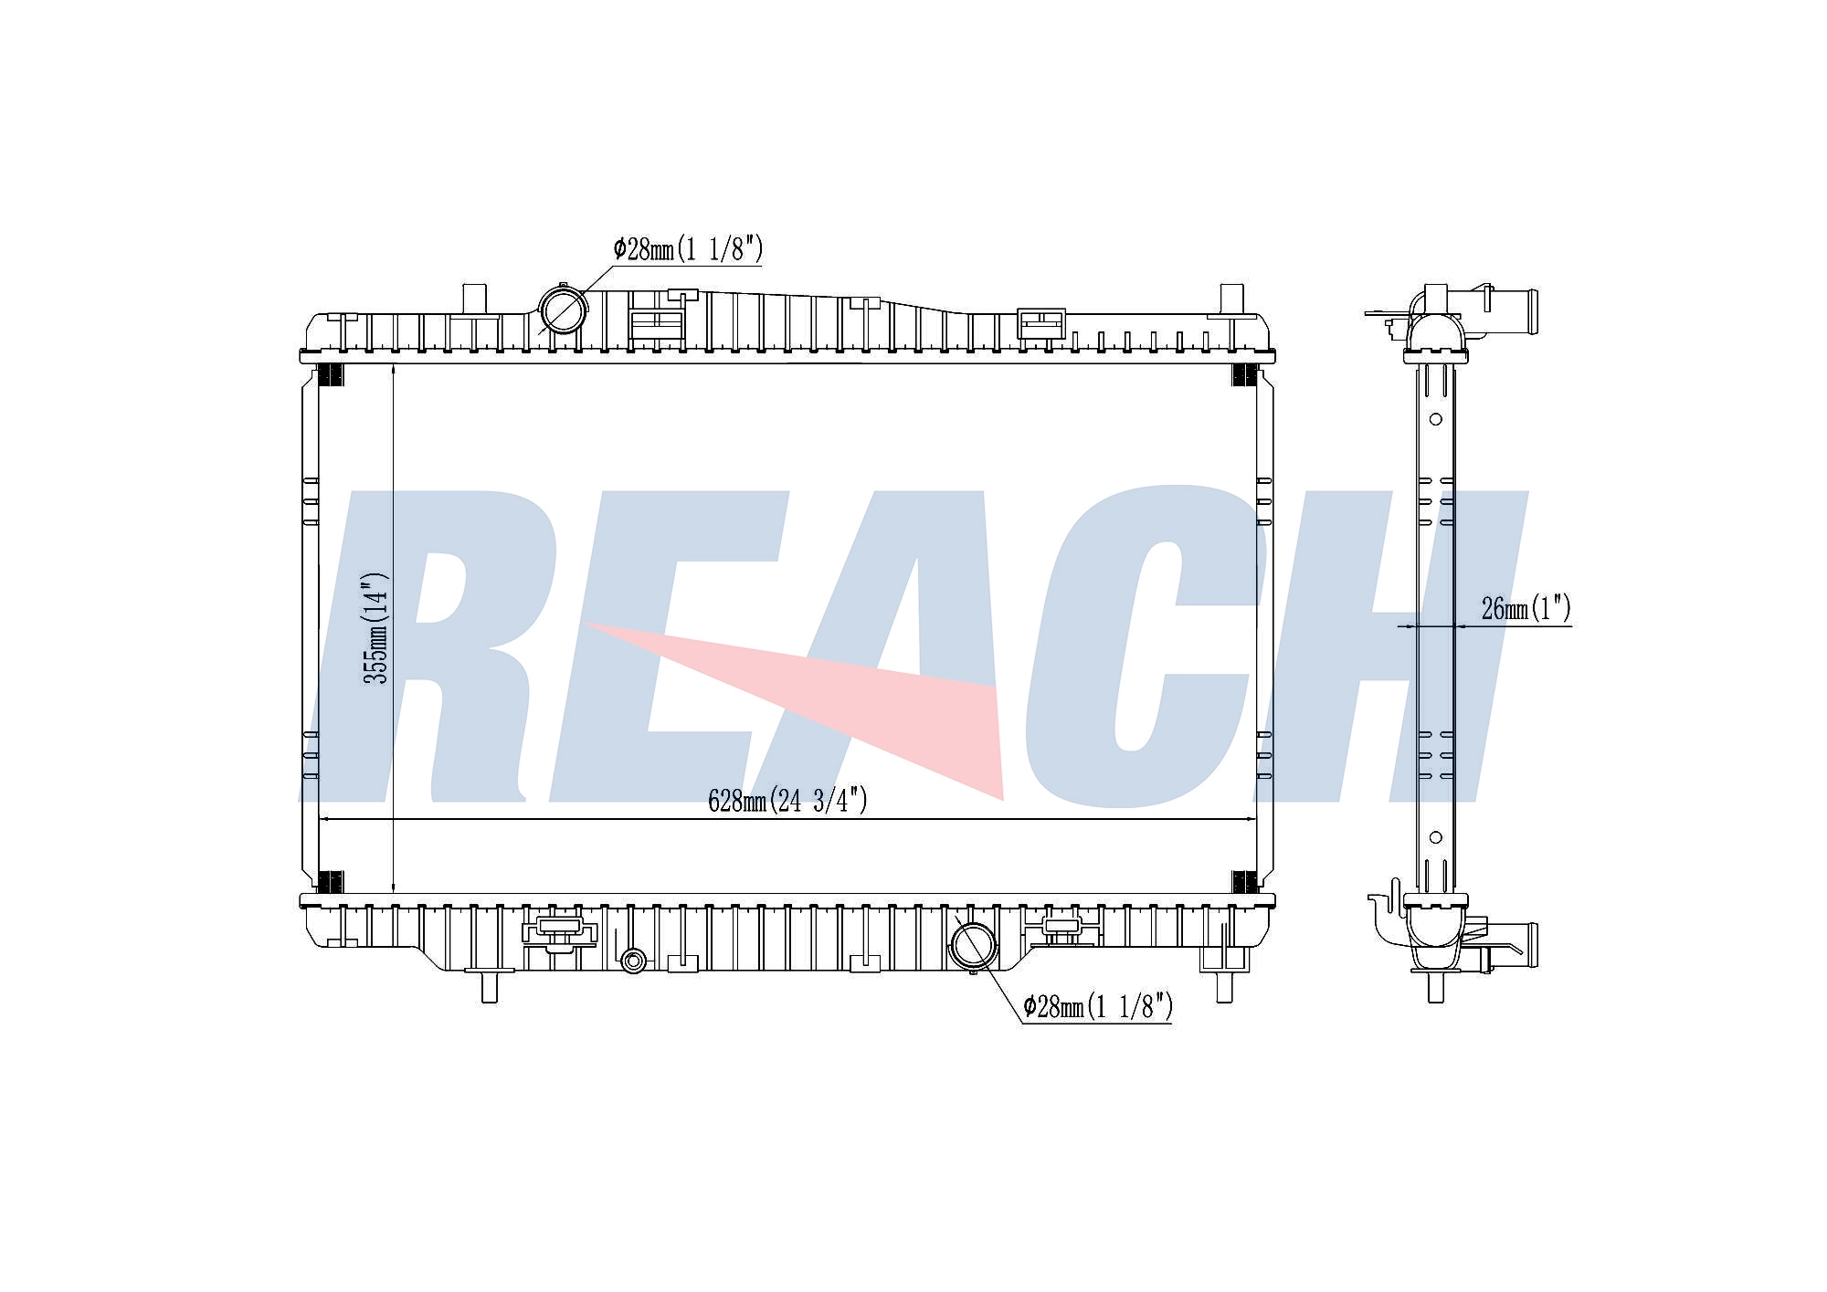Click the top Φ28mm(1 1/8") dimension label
point(688,249)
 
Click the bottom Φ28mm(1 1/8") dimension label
point(1097,1007)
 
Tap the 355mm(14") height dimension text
point(376,627)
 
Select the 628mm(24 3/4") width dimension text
point(787,801)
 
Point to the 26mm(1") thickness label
point(1526,608)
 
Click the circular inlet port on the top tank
point(563,310)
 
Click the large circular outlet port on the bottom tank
point(974,946)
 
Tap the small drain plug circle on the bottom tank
point(632,960)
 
